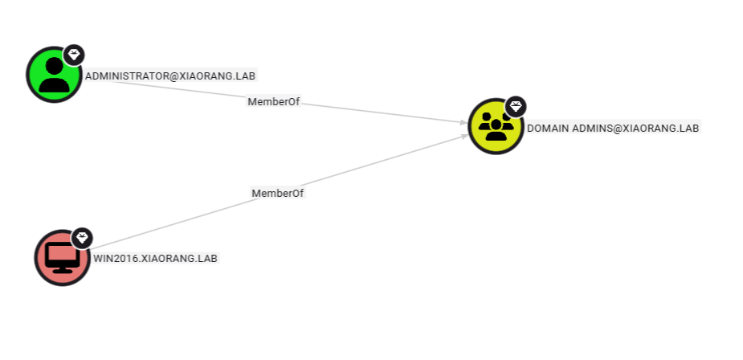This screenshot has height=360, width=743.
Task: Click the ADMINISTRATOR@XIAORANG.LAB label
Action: click(x=170, y=76)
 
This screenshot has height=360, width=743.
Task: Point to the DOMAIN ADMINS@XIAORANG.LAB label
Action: click(x=613, y=128)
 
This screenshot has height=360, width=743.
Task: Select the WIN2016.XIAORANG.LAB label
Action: click(x=155, y=259)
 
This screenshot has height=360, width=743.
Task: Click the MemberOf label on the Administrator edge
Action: click(x=274, y=102)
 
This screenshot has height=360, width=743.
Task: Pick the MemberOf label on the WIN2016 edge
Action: click(x=278, y=193)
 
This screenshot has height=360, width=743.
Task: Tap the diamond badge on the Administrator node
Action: click(x=74, y=55)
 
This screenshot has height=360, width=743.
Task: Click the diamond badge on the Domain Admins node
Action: click(x=516, y=106)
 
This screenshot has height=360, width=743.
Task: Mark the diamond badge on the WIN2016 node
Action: click(x=82, y=238)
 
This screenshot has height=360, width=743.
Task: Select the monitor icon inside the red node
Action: click(x=61, y=257)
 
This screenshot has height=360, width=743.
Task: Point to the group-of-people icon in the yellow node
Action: click(x=496, y=126)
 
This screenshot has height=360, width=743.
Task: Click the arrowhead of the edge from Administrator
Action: click(x=464, y=123)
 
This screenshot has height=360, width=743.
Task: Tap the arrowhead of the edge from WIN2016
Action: click(x=465, y=137)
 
